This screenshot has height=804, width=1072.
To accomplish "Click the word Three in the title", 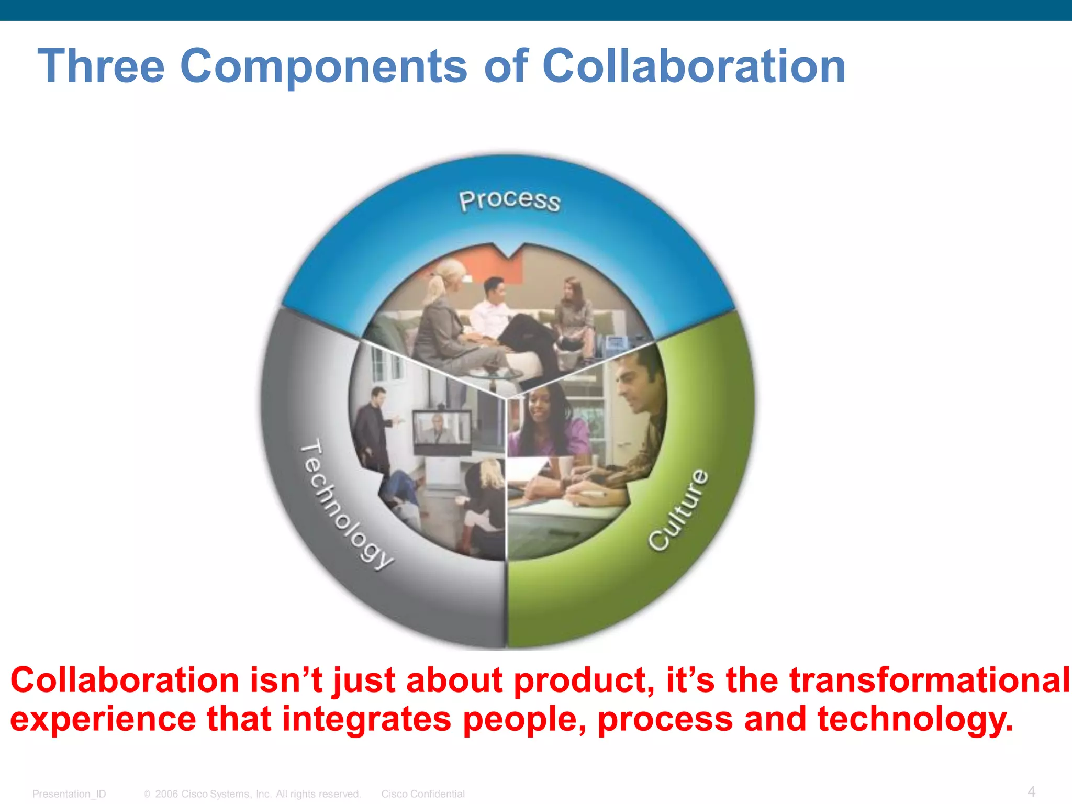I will pyautogui.click(x=101, y=66).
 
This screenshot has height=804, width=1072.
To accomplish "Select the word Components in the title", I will pyautogui.click(x=323, y=66).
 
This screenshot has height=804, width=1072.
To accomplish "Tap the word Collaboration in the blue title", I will pyautogui.click(x=693, y=66).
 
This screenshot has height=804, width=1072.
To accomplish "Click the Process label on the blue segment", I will pyautogui.click(x=509, y=200).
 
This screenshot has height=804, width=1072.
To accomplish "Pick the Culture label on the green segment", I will pyautogui.click(x=679, y=510).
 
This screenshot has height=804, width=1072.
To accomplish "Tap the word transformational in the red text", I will pyautogui.click(x=930, y=680).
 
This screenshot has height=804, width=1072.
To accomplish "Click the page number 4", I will pyautogui.click(x=1031, y=791).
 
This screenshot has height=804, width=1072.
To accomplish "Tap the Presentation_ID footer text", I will pyautogui.click(x=69, y=794).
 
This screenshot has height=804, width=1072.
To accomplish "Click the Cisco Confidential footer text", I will pyautogui.click(x=423, y=794).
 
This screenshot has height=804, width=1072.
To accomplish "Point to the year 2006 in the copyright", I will pyautogui.click(x=166, y=794).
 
